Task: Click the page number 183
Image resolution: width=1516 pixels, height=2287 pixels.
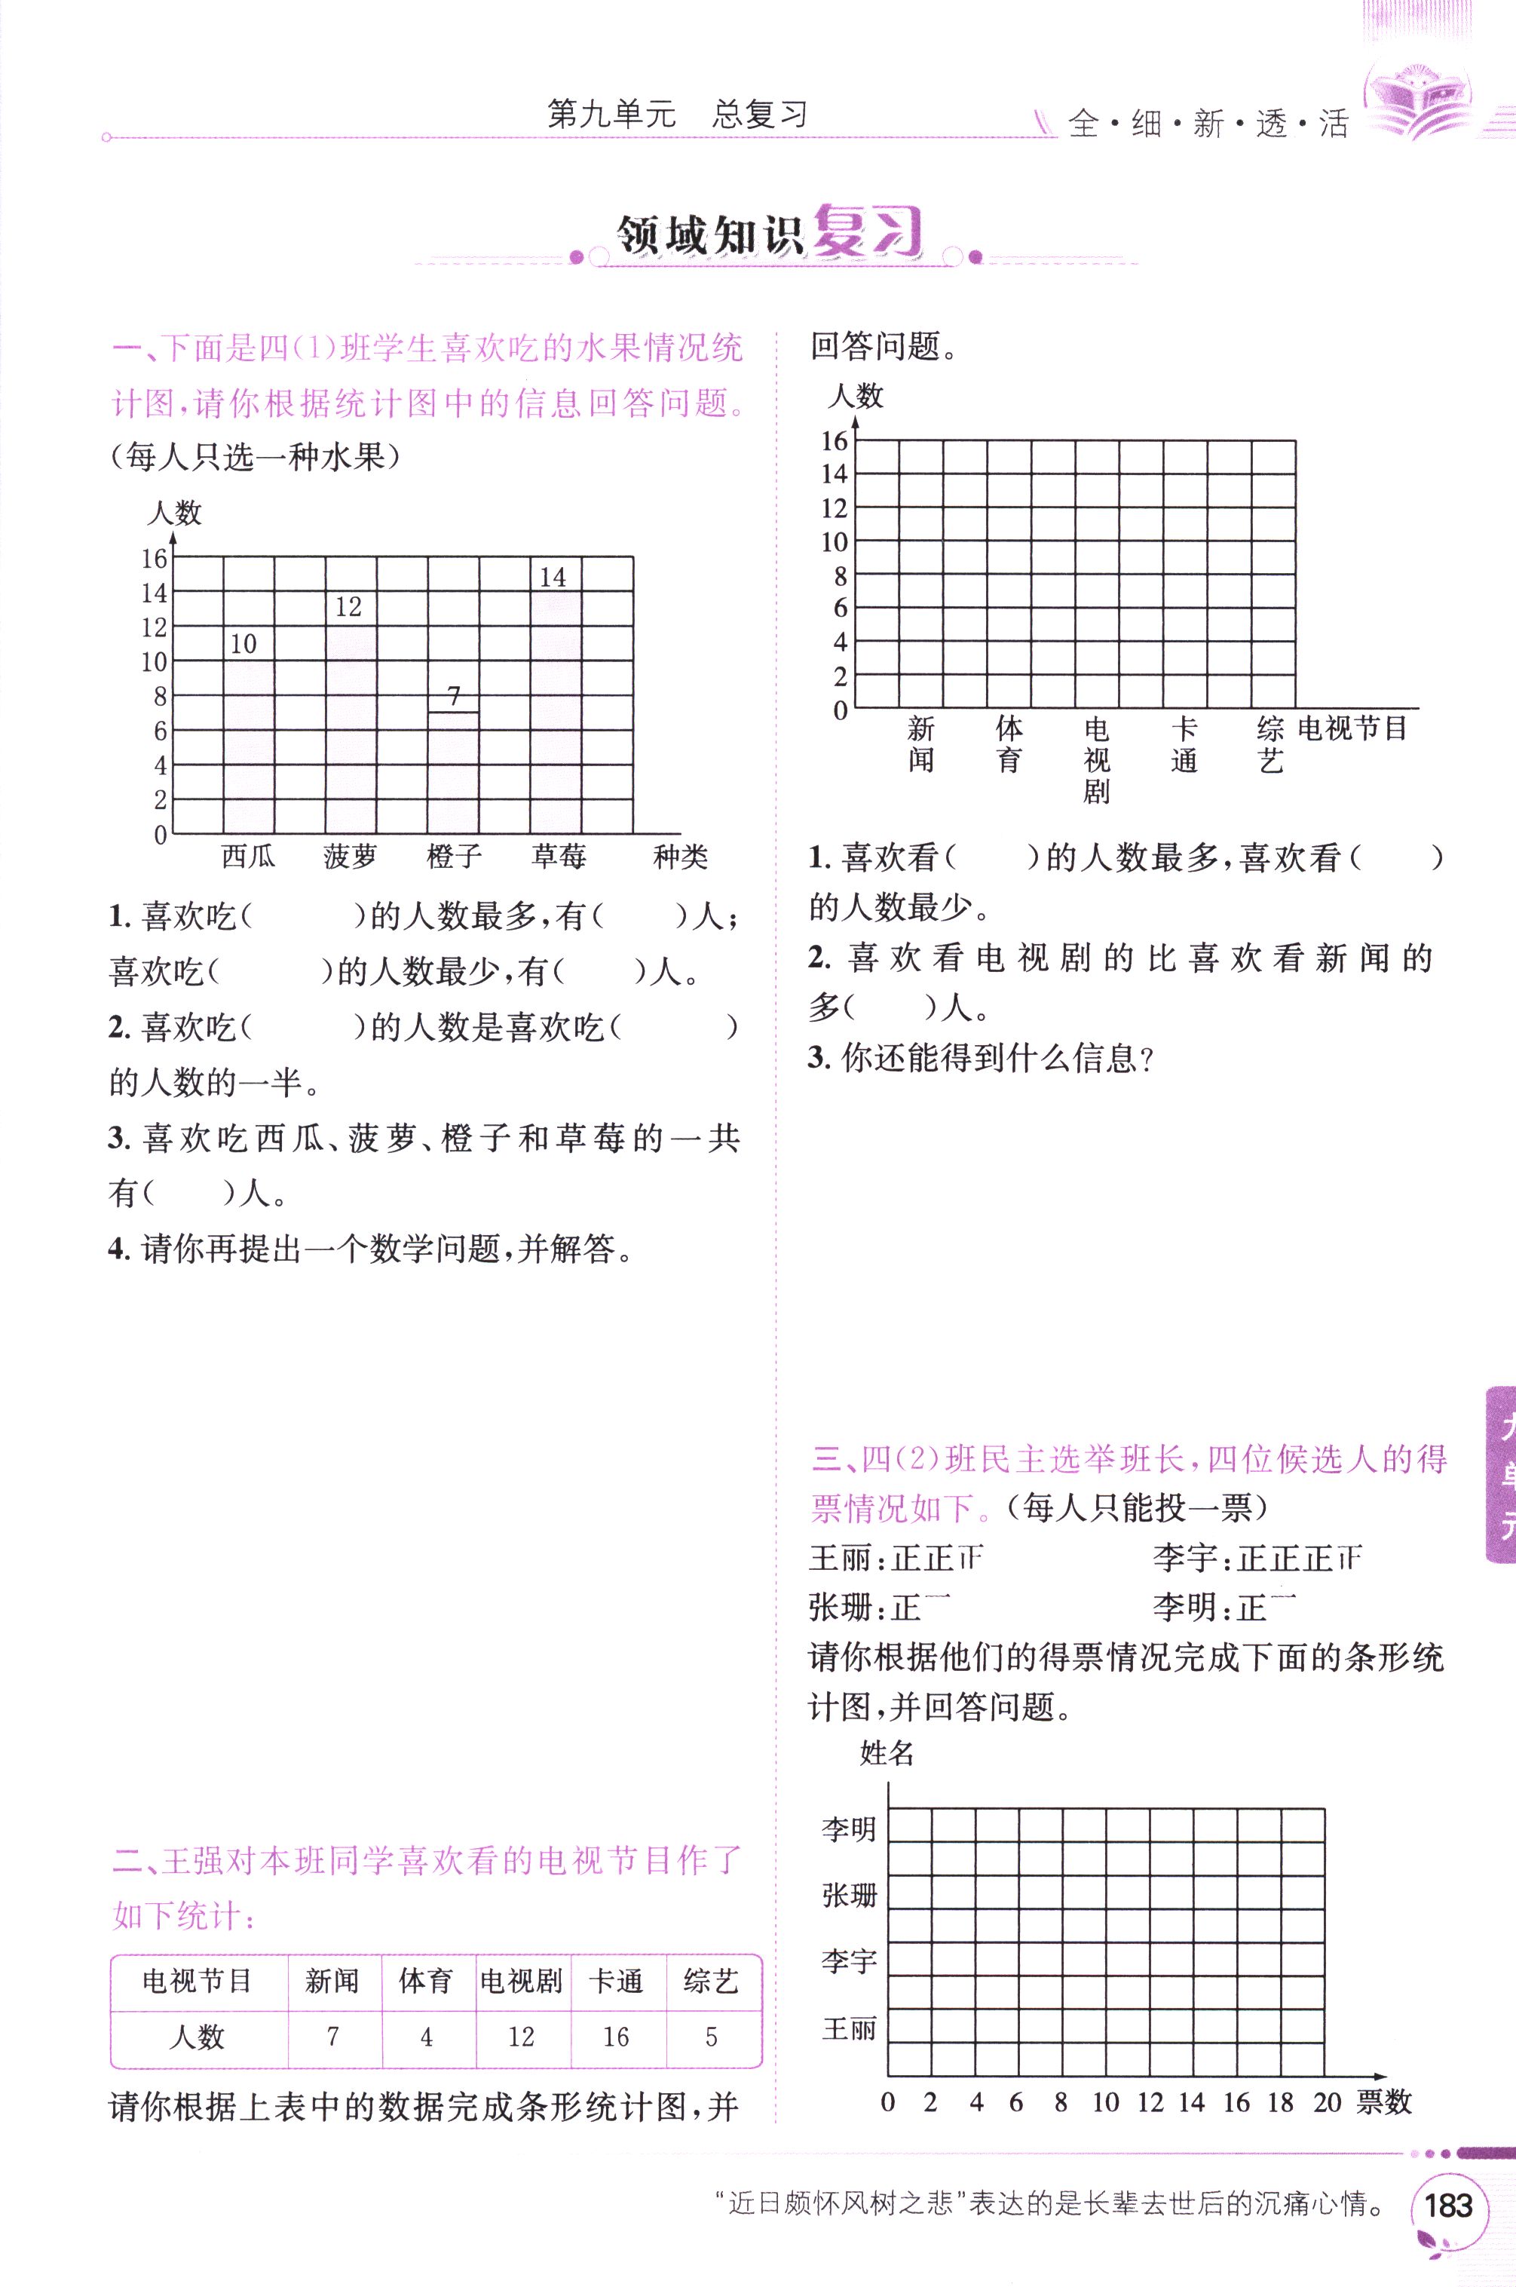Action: (1447, 2205)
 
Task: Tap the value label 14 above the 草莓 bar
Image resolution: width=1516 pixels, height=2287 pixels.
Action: (553, 578)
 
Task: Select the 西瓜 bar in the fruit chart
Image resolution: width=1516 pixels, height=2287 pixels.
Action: (249, 744)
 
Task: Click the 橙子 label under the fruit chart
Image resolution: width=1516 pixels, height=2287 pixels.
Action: (454, 856)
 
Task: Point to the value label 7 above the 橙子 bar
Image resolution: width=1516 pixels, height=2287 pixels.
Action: (455, 695)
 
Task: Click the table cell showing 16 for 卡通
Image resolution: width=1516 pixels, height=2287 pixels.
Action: (617, 2037)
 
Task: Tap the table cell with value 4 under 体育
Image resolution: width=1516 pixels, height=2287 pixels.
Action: (427, 2037)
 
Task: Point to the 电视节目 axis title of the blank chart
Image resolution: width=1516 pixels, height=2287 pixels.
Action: (1352, 728)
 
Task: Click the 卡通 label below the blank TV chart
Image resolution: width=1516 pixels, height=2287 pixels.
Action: (1184, 744)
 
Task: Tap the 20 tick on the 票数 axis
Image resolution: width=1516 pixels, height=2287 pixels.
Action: (1327, 2102)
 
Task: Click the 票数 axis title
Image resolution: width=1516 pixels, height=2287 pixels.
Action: (1385, 2102)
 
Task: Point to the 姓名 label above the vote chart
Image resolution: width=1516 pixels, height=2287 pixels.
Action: (887, 1753)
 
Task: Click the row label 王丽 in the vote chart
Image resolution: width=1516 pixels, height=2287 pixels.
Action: (849, 2028)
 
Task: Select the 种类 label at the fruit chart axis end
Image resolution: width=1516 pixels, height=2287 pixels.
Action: (681, 856)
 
